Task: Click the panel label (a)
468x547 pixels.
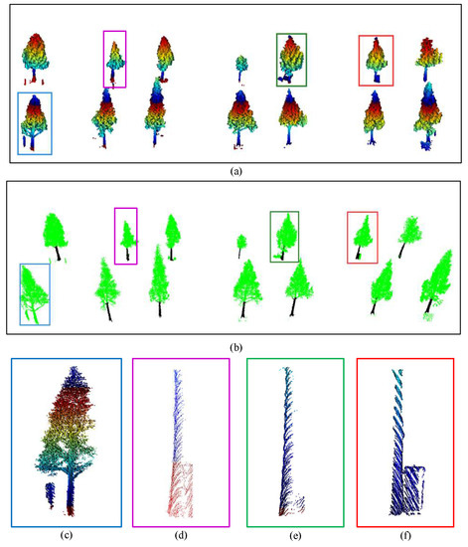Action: tap(234, 171)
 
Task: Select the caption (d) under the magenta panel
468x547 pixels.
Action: tap(182, 536)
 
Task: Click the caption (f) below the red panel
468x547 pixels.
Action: tap(408, 536)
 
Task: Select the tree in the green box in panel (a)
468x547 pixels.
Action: tap(292, 59)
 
